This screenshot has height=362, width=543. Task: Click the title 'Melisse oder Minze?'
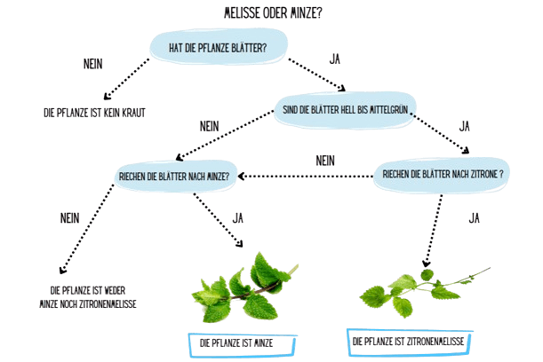pos(273,13)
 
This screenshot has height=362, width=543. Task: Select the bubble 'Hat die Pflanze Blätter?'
pos(219,47)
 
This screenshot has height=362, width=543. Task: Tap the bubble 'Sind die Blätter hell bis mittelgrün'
pos(345,110)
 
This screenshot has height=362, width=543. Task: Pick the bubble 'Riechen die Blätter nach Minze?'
pos(175,177)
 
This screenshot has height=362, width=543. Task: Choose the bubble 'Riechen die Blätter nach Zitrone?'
pos(442,174)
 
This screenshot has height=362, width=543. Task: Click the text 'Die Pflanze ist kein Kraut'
pos(94,113)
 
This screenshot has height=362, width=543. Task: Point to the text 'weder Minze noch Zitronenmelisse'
pos(88,297)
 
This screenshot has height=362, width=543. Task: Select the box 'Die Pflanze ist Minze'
pos(243,344)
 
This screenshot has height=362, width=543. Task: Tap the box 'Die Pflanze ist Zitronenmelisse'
pos(410,342)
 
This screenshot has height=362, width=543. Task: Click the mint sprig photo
pos(245,287)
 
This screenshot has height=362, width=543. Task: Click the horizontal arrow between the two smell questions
pos(306,177)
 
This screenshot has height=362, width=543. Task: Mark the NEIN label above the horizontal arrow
pos(325,161)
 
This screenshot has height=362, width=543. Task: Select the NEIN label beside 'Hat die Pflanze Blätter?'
pos(92,64)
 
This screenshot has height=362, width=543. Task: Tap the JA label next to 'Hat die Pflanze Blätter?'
pos(335,59)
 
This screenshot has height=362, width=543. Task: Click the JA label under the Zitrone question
pos(474,218)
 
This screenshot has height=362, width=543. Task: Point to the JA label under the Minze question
pos(237,218)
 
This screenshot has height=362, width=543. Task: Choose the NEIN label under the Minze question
pos(69,218)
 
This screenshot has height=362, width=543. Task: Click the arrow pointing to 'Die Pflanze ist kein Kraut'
pos(126,79)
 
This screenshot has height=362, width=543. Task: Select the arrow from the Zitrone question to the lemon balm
pos(434,231)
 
